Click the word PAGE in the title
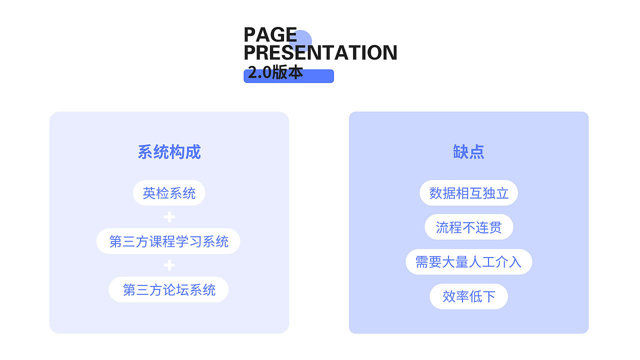[270, 35]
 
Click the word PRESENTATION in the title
[320, 52]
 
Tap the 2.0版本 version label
[275, 73]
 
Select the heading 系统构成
[169, 152]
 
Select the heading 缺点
[468, 152]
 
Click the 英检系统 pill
[169, 193]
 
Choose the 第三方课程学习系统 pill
[168, 241]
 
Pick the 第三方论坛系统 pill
[168, 289]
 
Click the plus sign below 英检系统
[169, 217]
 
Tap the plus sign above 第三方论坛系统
[169, 265]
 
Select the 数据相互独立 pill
[468, 193]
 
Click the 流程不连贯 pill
[468, 227]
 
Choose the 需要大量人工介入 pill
[468, 261]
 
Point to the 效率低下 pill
[468, 296]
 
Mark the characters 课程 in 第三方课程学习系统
[162, 241]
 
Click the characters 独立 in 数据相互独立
[495, 193]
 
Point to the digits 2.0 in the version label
[259, 73]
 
